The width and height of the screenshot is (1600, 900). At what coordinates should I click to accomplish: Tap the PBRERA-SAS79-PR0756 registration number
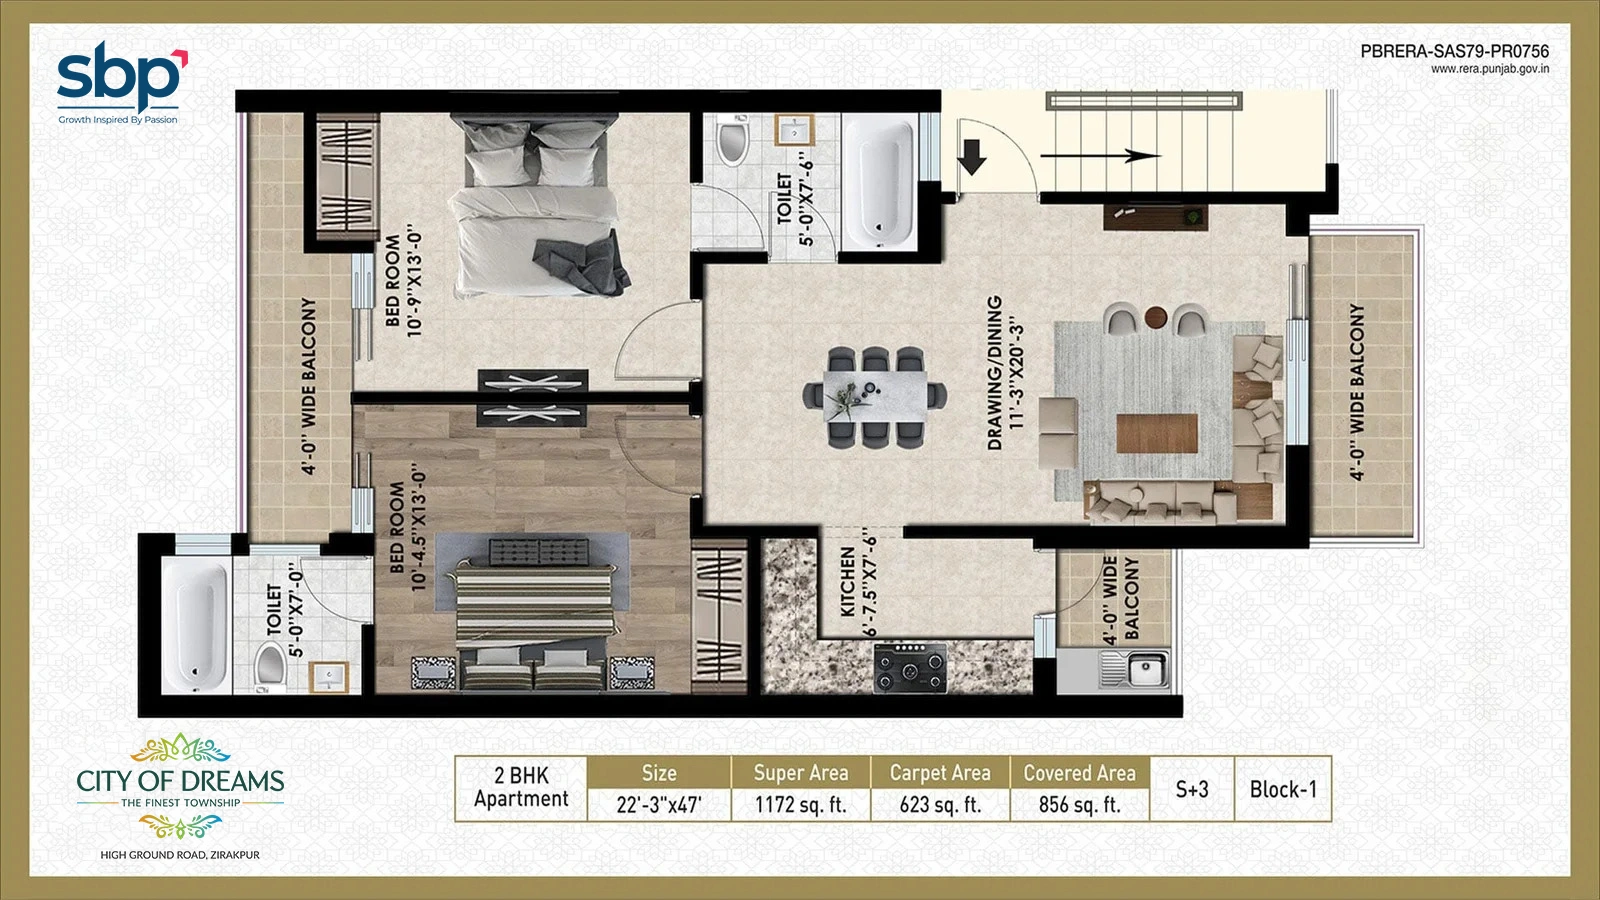(1454, 51)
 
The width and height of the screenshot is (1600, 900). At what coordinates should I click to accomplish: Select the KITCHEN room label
(848, 582)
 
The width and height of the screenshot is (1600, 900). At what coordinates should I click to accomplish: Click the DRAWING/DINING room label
(994, 373)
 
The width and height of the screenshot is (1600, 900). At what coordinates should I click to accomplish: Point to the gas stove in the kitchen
(911, 668)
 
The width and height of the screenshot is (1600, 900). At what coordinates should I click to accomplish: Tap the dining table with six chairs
(875, 397)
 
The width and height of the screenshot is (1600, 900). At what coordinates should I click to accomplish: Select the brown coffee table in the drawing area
(1157, 434)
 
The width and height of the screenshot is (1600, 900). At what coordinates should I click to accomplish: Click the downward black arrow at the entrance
(971, 157)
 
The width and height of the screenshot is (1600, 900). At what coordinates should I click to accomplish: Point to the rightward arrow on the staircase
(1101, 156)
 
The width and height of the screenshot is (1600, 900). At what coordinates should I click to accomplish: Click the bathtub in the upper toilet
(880, 182)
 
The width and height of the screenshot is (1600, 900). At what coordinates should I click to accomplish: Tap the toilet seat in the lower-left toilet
(271, 665)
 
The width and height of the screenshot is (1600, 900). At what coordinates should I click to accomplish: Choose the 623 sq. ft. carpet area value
(940, 805)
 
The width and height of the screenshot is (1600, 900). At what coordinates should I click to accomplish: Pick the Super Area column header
(801, 773)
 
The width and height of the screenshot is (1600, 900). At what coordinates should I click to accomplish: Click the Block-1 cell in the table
(1283, 789)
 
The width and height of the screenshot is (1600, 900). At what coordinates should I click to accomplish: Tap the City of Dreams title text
(180, 781)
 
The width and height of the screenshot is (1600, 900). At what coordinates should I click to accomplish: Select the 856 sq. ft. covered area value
(1079, 805)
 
